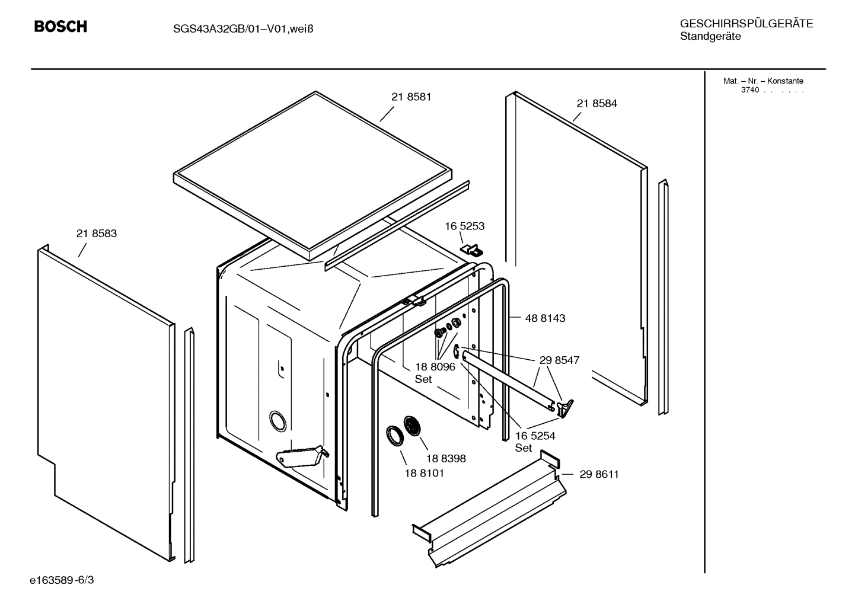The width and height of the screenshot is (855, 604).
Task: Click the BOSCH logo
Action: (60, 27)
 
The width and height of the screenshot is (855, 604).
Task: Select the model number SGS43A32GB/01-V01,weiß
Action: (239, 28)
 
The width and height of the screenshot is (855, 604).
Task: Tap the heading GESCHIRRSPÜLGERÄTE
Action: (746, 24)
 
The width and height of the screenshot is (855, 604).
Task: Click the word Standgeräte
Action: (710, 37)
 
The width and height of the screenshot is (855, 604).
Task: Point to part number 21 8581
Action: (411, 97)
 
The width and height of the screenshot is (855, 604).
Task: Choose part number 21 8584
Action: (596, 103)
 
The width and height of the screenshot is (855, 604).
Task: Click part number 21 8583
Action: (97, 234)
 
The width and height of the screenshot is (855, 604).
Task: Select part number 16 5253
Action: (465, 226)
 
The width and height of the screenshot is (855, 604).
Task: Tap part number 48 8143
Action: (545, 318)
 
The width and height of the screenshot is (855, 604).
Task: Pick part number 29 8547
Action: (559, 360)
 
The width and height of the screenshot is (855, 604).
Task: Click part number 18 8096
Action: (435, 367)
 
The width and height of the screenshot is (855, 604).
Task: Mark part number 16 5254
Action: (535, 436)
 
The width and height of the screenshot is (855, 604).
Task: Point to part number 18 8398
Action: (445, 458)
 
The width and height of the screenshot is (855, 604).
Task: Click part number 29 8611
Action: (599, 474)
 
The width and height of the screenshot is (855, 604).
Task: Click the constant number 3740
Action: (749, 90)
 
